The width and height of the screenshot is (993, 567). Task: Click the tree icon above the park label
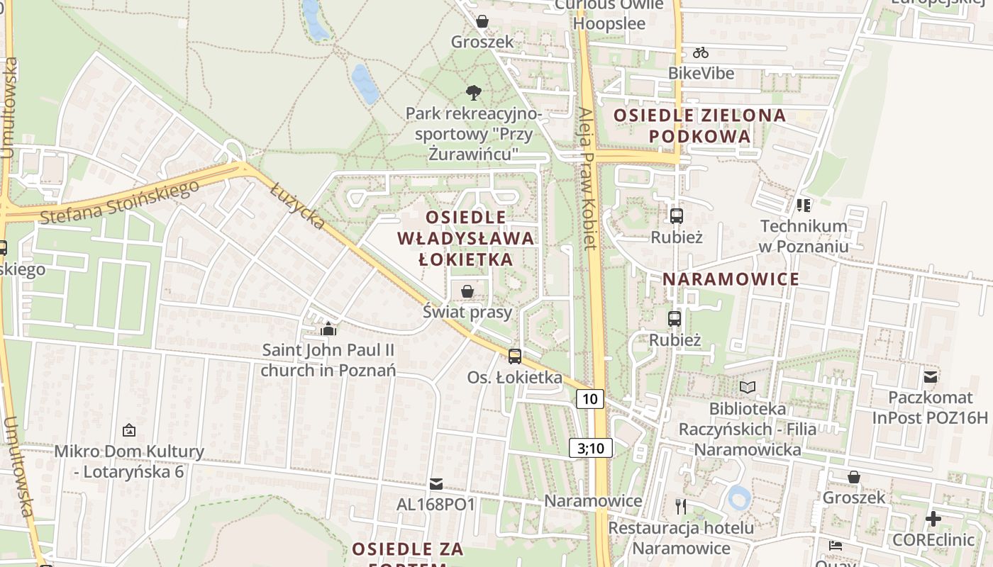tap(473, 92)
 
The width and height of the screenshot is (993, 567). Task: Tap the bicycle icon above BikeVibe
tap(701, 52)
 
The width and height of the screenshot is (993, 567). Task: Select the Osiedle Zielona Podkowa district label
tap(700, 125)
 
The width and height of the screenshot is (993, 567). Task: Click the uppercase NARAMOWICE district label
tap(731, 279)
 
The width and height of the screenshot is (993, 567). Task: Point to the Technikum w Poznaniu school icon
tap(804, 206)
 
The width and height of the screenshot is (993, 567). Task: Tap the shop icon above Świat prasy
tap(467, 291)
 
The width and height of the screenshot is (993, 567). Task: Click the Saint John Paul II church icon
tap(328, 329)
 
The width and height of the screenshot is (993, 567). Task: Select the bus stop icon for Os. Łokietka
tap(515, 357)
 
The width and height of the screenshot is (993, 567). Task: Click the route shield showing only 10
tap(590, 399)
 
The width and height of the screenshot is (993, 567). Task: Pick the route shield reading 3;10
tap(590, 448)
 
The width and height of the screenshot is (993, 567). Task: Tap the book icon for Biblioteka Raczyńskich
tap(747, 387)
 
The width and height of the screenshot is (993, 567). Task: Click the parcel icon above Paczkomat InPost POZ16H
tap(930, 377)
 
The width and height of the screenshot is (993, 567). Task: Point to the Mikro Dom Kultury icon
tap(129, 430)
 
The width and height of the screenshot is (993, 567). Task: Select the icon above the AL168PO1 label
tap(436, 484)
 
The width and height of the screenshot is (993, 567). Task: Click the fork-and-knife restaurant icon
tap(681, 506)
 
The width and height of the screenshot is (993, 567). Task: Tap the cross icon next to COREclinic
tap(933, 519)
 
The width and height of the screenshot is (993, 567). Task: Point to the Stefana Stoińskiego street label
tap(119, 202)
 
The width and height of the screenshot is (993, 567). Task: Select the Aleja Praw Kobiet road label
tap(587, 179)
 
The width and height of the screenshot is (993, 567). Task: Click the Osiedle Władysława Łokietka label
tap(466, 238)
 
